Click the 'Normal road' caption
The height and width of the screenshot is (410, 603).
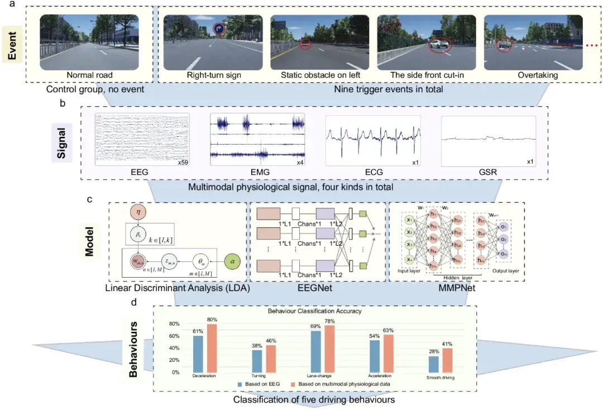[89, 75]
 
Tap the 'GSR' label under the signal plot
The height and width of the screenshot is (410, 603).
[489, 173]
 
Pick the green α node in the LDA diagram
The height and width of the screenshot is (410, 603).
[233, 260]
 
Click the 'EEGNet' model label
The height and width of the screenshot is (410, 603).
[319, 288]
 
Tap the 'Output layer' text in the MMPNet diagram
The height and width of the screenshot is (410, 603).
[505, 271]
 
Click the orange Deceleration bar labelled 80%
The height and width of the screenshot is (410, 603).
[212, 347]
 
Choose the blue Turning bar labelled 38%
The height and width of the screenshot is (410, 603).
[257, 360]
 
